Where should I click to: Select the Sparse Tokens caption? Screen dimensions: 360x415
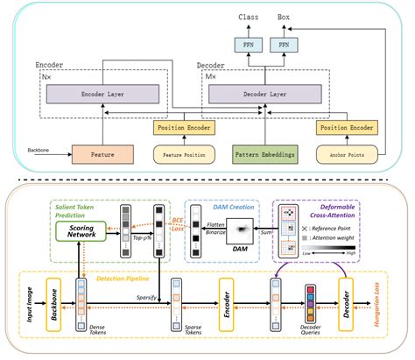(178, 335)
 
